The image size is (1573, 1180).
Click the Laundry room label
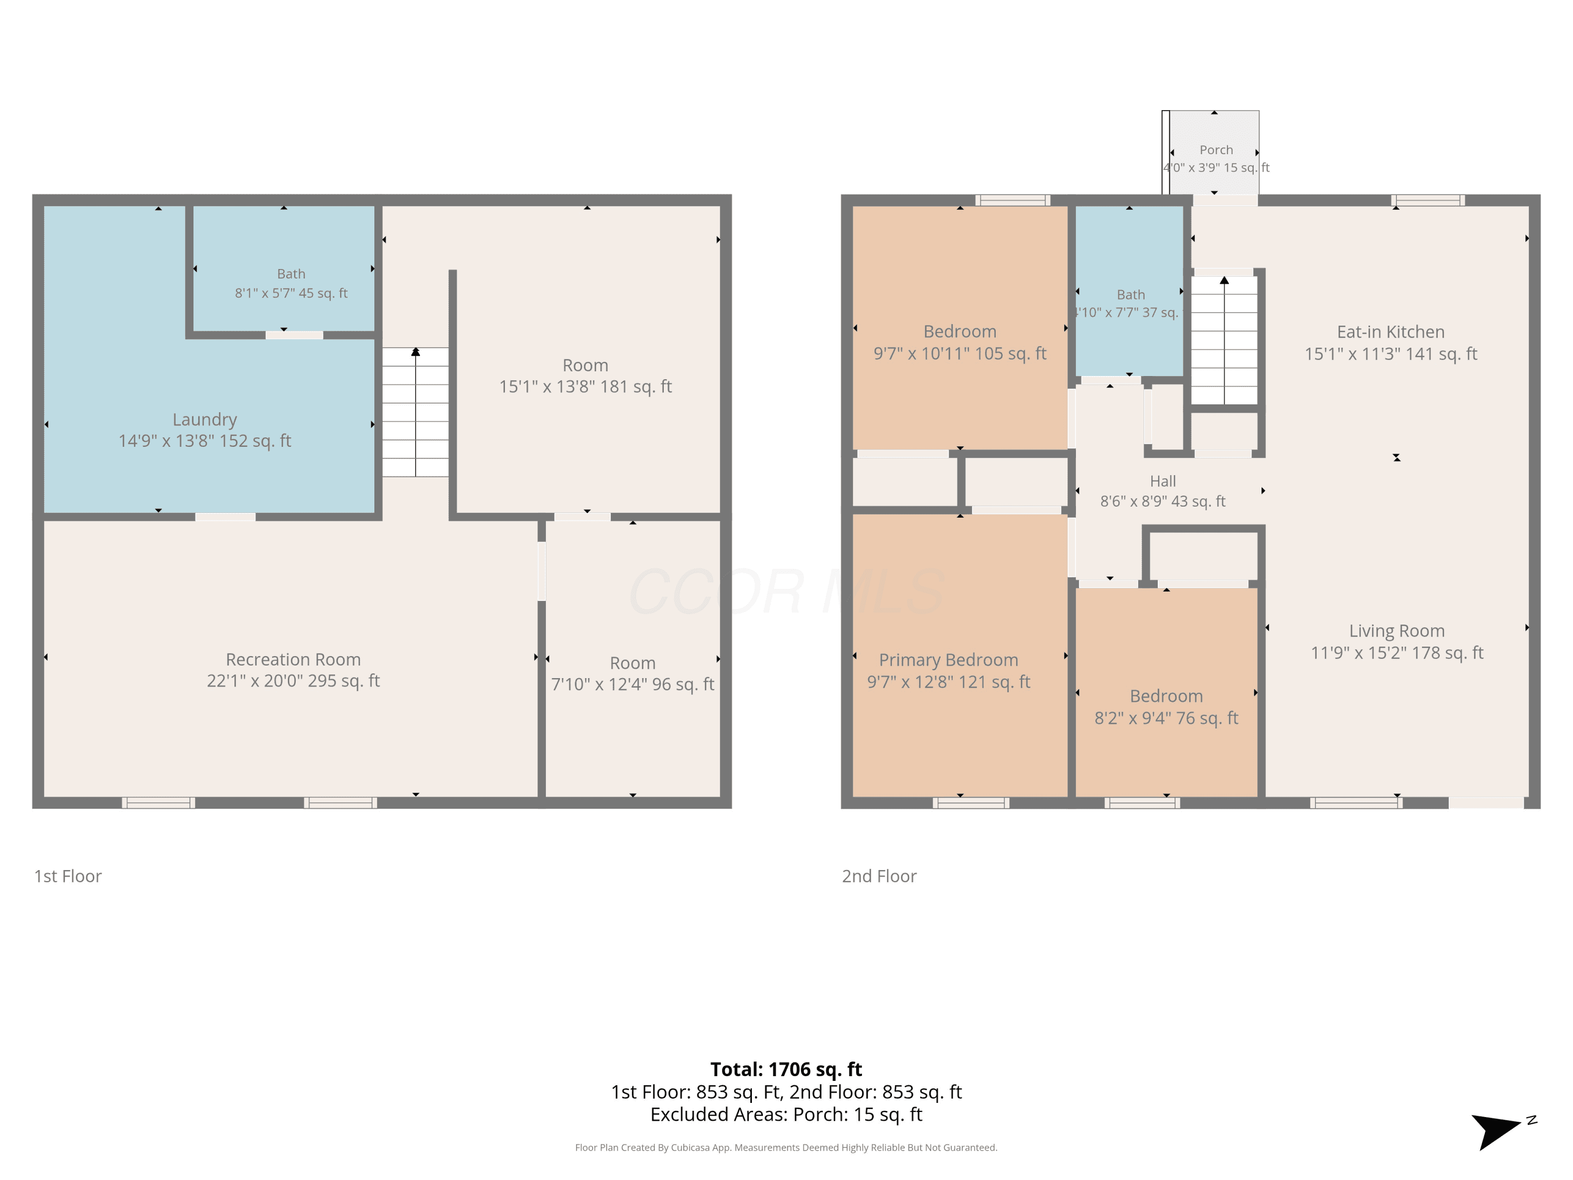click(205, 420)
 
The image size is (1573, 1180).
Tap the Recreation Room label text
click(293, 659)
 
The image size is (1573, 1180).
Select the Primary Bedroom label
click(949, 660)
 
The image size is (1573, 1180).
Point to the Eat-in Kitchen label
click(1391, 331)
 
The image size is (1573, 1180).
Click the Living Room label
click(1397, 631)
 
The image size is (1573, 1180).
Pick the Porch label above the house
click(1216, 150)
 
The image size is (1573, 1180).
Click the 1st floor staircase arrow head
click(415, 351)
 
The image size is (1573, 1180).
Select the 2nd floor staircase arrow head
click(1224, 280)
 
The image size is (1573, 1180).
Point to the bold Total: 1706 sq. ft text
click(786, 1069)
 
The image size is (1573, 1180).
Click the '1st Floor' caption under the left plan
click(68, 876)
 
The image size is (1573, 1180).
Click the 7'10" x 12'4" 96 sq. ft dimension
click(632, 684)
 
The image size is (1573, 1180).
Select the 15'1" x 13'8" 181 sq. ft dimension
click(585, 386)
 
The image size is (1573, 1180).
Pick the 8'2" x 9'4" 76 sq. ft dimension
click(1166, 717)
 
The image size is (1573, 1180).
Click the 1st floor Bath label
click(291, 274)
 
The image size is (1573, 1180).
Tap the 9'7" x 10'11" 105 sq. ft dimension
click(960, 353)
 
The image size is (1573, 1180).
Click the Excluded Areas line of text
click(786, 1114)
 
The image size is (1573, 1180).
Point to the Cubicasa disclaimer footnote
click(786, 1147)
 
